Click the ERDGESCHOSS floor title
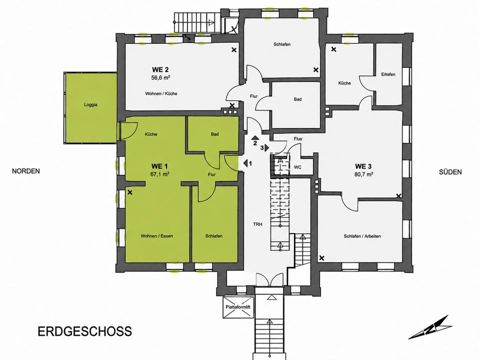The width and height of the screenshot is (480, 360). (85, 331)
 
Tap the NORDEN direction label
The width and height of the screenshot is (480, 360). (26, 171)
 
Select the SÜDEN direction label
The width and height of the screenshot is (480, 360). (450, 172)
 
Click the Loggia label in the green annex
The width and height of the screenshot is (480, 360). (90, 104)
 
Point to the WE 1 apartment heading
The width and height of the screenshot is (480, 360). (159, 166)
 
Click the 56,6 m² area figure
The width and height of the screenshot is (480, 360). (160, 78)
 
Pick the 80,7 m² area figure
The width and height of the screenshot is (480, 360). (363, 174)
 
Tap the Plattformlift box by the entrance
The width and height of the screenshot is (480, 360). (239, 307)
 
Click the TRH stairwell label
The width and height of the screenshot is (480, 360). (257, 224)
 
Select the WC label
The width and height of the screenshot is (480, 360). (297, 167)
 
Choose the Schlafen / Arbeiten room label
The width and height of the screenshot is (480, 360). (362, 236)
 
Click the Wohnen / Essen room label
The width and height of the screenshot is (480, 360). (156, 236)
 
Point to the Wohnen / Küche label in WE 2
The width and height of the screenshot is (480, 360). (161, 93)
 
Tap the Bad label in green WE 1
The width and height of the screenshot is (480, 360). (214, 134)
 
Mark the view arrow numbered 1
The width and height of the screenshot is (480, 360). (245, 163)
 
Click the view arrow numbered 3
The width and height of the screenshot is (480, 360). (266, 147)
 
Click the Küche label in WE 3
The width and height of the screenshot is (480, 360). (344, 83)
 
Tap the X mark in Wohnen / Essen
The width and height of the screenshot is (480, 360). (130, 192)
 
